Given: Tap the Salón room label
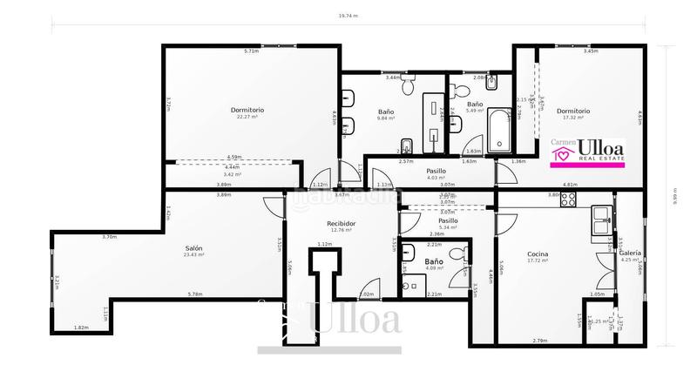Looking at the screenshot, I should [x=193, y=248].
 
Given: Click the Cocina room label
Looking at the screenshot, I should [x=538, y=253].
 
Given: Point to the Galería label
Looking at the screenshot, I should [x=630, y=253].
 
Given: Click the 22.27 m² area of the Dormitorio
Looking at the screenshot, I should [x=247, y=118].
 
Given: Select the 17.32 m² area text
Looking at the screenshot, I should [x=572, y=118].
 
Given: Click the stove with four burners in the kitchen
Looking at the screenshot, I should [x=567, y=198].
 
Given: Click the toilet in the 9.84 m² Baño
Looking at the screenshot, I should [x=407, y=145].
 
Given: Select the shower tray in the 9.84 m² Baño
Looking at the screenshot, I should [x=433, y=122].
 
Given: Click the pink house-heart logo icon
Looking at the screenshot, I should [x=563, y=154].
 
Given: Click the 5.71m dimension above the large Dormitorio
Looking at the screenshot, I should [x=251, y=51].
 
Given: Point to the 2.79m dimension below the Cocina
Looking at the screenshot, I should [x=539, y=340].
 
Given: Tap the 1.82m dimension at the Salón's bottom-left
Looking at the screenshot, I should [x=81, y=327].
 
